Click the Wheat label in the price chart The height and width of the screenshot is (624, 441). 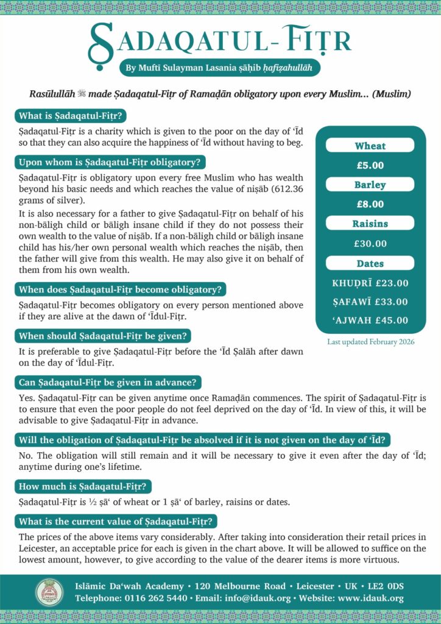click(370, 146)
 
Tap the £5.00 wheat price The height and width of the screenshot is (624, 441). click(370, 165)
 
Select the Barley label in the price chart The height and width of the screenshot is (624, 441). click(370, 185)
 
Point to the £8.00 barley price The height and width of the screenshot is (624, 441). click(370, 204)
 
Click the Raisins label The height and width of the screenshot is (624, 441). click(370, 224)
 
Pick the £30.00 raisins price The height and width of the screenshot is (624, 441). click(370, 244)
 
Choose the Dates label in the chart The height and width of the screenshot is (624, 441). click(370, 264)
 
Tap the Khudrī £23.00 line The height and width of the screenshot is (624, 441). click(370, 283)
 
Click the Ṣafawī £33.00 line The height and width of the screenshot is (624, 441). click(370, 302)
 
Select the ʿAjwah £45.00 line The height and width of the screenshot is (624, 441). click(370, 321)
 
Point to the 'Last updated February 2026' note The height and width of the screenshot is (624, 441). click(370, 342)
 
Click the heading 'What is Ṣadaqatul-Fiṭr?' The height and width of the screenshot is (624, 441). click(72, 116)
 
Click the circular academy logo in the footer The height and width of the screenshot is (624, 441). click(49, 592)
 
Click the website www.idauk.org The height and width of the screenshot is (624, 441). click(371, 598)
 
